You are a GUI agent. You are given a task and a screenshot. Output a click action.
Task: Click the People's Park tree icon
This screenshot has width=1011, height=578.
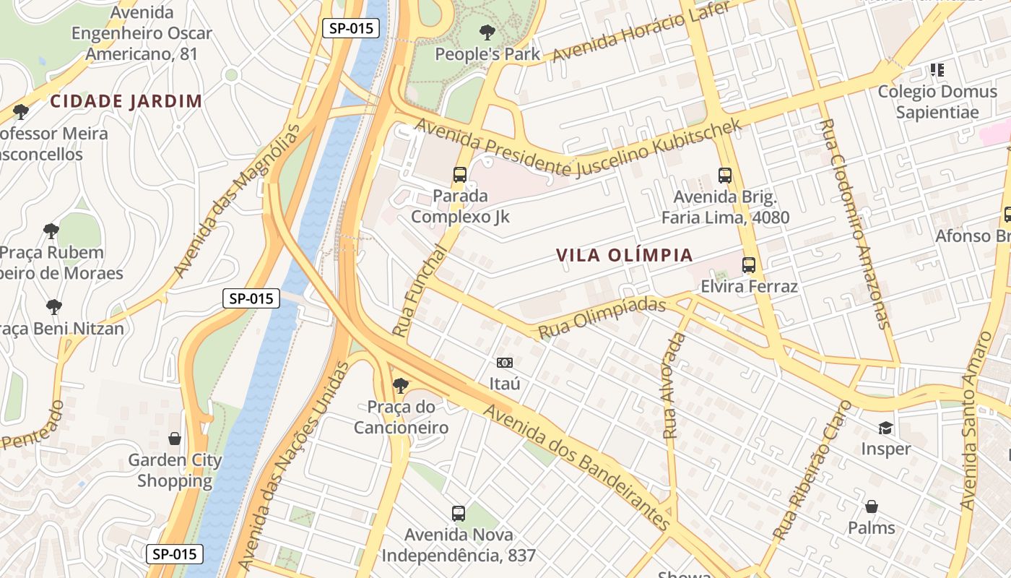pyautogui.click(x=487, y=32)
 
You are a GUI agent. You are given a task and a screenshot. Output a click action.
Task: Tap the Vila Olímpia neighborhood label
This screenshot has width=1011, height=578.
pyautogui.click(x=625, y=255)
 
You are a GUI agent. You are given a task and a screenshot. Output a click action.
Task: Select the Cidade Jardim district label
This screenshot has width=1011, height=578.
pyautogui.click(x=126, y=101)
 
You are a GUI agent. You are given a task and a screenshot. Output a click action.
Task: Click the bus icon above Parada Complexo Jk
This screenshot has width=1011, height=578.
pyautogui.click(x=460, y=174)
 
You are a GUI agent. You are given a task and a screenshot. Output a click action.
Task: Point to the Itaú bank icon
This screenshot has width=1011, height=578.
pyautogui.click(x=505, y=362)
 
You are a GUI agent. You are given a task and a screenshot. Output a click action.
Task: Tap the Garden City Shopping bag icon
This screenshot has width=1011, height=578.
pyautogui.click(x=174, y=439)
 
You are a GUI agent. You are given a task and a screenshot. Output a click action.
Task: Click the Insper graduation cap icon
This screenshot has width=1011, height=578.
pyautogui.click(x=885, y=428)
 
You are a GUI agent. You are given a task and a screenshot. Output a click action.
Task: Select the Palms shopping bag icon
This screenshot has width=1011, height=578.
pyautogui.click(x=872, y=506)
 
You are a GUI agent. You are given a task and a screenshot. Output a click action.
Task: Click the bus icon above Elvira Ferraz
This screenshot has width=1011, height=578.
pyautogui.click(x=749, y=265)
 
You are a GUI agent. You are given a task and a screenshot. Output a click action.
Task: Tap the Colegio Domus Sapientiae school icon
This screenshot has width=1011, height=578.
pyautogui.click(x=937, y=70)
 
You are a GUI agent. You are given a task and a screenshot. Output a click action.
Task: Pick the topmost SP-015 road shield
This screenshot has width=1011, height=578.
pyautogui.click(x=351, y=29)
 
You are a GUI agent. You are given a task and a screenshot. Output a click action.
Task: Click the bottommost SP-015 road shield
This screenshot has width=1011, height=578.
pyautogui.click(x=175, y=554)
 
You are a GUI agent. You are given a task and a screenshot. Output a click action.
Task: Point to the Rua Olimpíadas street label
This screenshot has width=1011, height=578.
pyautogui.click(x=602, y=317)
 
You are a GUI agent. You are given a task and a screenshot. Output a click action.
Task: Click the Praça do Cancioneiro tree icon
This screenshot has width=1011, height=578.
pyautogui.click(x=401, y=385)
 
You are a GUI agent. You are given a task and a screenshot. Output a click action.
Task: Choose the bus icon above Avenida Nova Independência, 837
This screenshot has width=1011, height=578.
pyautogui.click(x=459, y=514)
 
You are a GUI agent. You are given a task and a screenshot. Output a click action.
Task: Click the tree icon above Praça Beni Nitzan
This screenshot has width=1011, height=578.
pyautogui.click(x=53, y=306)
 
